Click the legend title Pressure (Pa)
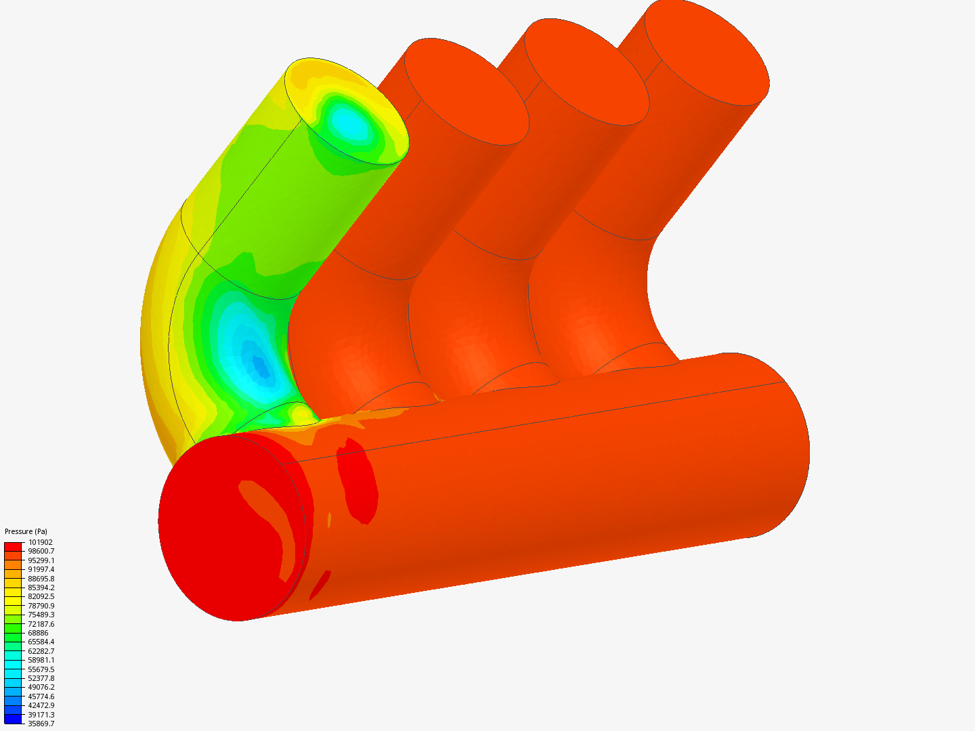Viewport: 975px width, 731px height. [26, 531]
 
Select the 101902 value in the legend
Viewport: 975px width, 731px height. [40, 542]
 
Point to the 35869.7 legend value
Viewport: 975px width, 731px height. [41, 724]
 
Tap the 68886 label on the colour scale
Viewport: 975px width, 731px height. [38, 633]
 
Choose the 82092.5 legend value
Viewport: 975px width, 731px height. [41, 596]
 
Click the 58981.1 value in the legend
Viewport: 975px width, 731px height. [41, 660]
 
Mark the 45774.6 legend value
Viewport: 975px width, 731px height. [41, 696]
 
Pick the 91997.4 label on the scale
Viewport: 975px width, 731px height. [41, 569]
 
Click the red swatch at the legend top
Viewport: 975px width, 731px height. [13, 546]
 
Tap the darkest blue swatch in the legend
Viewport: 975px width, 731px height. [13, 719]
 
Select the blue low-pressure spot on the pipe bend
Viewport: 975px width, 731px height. [259, 365]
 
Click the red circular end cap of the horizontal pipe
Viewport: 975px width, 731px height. [223, 535]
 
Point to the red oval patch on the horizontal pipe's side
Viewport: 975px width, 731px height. [357, 481]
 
